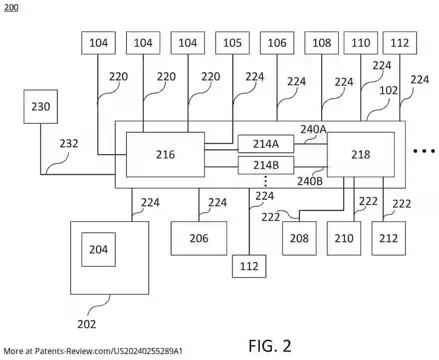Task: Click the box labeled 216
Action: pos(165,154)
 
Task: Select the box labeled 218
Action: pos(360,154)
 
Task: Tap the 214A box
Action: pos(265,144)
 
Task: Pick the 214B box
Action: pos(265,164)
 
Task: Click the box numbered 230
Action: pos(41,106)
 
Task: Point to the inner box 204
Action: pos(98,249)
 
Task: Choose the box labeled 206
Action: pos(199,238)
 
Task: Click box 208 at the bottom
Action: pos(299,238)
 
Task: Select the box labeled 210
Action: pos(344,238)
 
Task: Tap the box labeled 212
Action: pos(388,238)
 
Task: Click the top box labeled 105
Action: pos(232,43)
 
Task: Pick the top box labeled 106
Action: pos(277,43)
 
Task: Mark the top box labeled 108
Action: pos(321,43)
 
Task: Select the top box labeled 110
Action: pos(361,43)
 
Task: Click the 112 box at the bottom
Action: pos(249,266)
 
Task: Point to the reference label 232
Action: pos(69,143)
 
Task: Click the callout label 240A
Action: pos(313,129)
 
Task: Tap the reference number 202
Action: pos(86,324)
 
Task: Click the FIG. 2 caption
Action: pos(270,346)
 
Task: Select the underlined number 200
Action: pos(11,7)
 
